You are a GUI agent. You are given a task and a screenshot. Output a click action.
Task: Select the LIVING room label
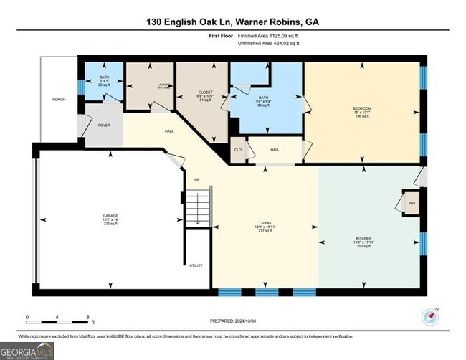[x=265, y=223]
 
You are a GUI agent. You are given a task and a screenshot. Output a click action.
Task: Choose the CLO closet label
[x=238, y=150]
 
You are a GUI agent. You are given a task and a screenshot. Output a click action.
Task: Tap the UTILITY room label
[x=196, y=266]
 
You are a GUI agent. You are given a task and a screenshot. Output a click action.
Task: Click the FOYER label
[x=105, y=125]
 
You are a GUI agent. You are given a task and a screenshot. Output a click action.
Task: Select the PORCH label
[x=59, y=100]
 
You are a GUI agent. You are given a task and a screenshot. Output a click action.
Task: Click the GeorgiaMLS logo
[x=27, y=350]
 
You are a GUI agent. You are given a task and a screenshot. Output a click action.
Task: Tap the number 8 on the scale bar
[x=87, y=317]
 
